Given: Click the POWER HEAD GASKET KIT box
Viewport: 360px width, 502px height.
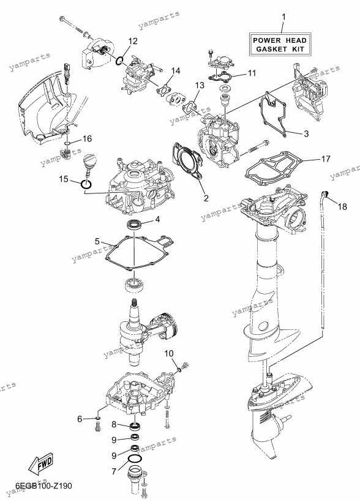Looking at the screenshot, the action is [x=280, y=45].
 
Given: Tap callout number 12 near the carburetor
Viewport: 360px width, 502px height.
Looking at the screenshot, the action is [x=133, y=41].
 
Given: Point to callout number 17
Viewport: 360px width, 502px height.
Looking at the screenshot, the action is [x=326, y=159].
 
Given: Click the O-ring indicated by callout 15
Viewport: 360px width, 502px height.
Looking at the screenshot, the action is [x=86, y=184].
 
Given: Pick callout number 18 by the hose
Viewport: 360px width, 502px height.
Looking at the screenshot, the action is [x=342, y=206].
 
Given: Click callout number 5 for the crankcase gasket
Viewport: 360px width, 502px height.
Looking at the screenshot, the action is [x=97, y=241].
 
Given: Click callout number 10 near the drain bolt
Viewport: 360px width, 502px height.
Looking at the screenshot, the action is [x=169, y=353].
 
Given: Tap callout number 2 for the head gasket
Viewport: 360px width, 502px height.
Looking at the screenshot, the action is [x=206, y=198].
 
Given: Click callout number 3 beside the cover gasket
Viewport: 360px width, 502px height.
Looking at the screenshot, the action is [x=306, y=133].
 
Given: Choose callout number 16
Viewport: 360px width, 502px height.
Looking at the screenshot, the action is [x=87, y=138].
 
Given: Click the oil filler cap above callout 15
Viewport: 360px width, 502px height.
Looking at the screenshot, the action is [x=89, y=160].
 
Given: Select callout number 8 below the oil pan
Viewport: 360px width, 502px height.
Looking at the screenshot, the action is [x=114, y=424].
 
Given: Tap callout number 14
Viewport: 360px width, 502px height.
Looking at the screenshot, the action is [x=175, y=71].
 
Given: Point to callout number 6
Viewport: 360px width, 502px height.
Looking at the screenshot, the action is [x=80, y=419].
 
